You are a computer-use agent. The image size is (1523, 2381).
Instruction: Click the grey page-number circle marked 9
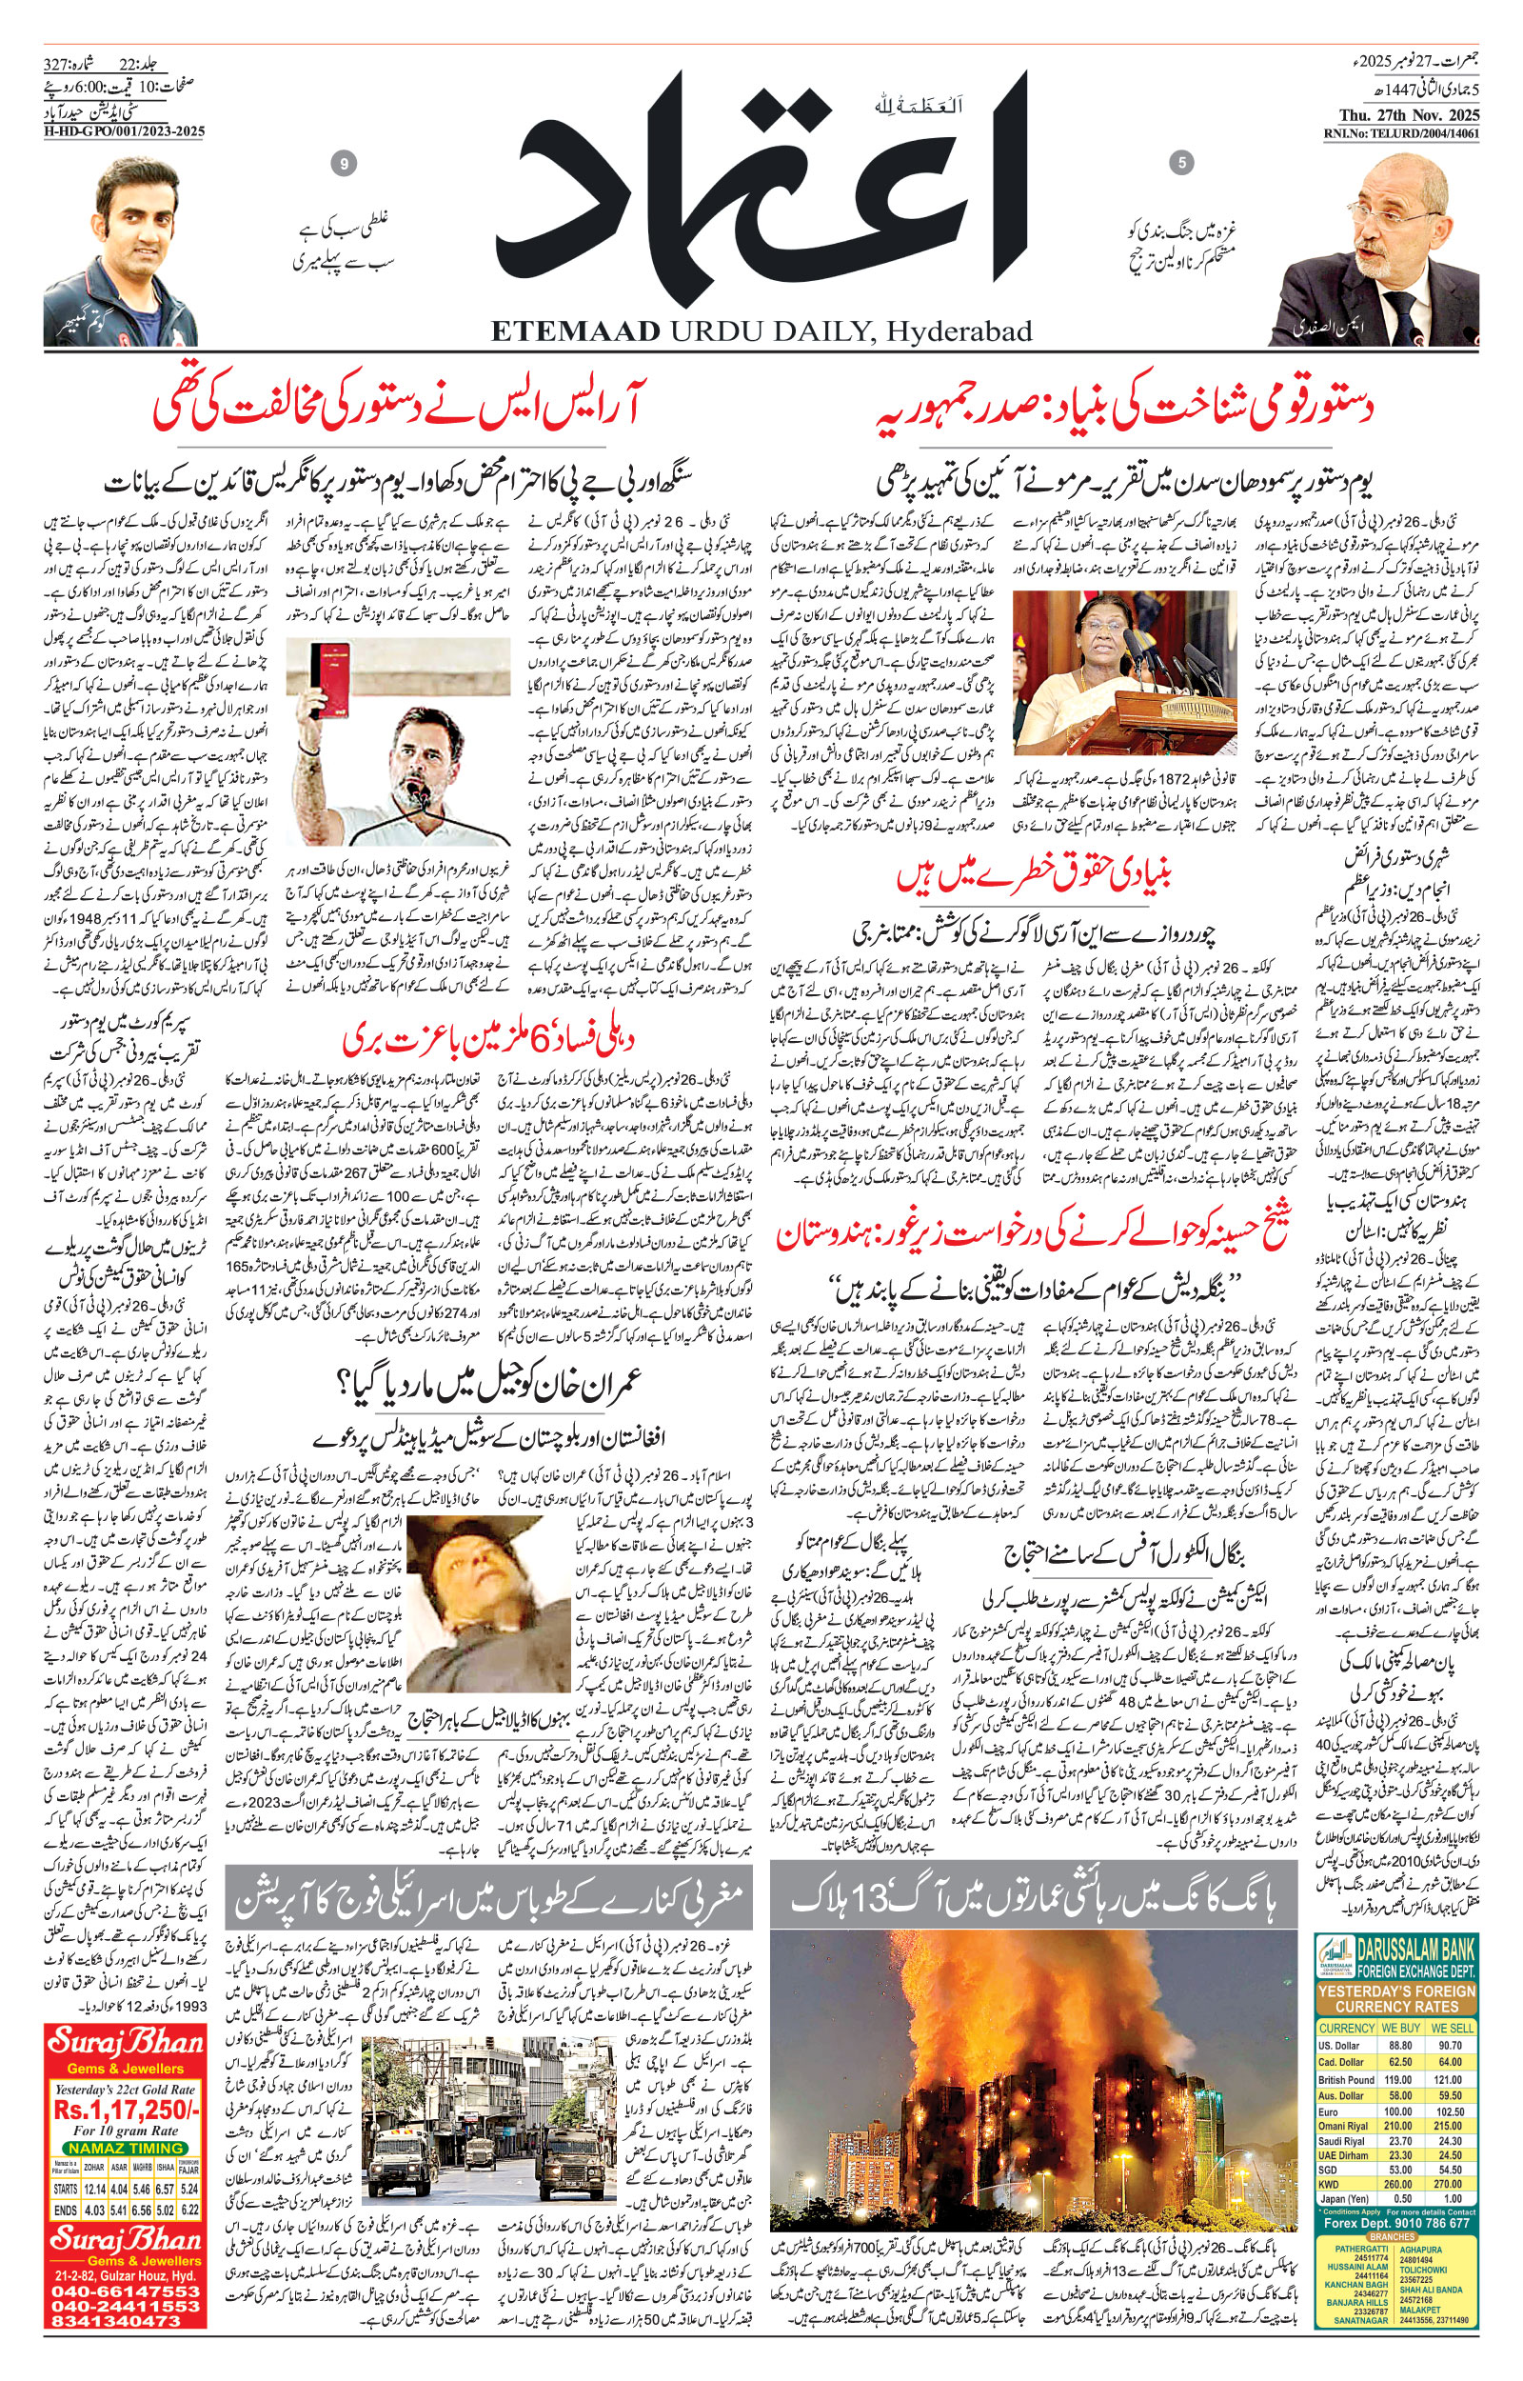click(345, 164)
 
